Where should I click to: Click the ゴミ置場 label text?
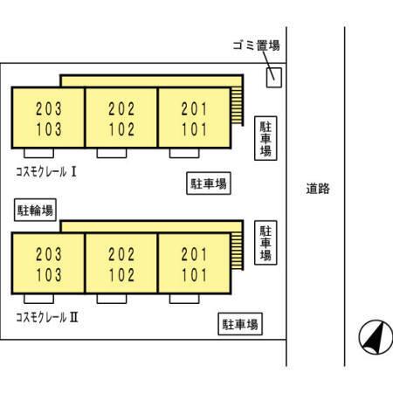pos(256,45)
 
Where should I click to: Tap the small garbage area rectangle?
pos(274,78)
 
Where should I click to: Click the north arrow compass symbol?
pos(376,337)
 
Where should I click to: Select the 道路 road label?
pos(318,189)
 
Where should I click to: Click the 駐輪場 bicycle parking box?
pos(35,210)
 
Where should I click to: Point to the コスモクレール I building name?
pos(45,172)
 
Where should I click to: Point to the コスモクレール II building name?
pos(47,317)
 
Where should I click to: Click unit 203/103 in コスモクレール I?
pos(48,118)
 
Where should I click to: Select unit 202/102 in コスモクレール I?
pos(121,118)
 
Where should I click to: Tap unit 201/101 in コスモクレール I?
pos(194,118)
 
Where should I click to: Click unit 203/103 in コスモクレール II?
pos(48,264)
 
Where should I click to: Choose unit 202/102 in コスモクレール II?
pos(121,264)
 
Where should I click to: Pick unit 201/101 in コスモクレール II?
pos(194,264)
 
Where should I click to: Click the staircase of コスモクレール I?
pos(237,106)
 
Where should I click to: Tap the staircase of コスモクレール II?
pos(237,251)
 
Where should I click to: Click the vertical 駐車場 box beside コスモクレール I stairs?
pos(265,138)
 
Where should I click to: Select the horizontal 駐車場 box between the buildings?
pos(209,183)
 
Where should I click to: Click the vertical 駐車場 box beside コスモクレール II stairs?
pos(265,243)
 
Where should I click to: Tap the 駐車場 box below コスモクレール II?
pos(240,324)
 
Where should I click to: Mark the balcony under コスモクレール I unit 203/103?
pos(38,153)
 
